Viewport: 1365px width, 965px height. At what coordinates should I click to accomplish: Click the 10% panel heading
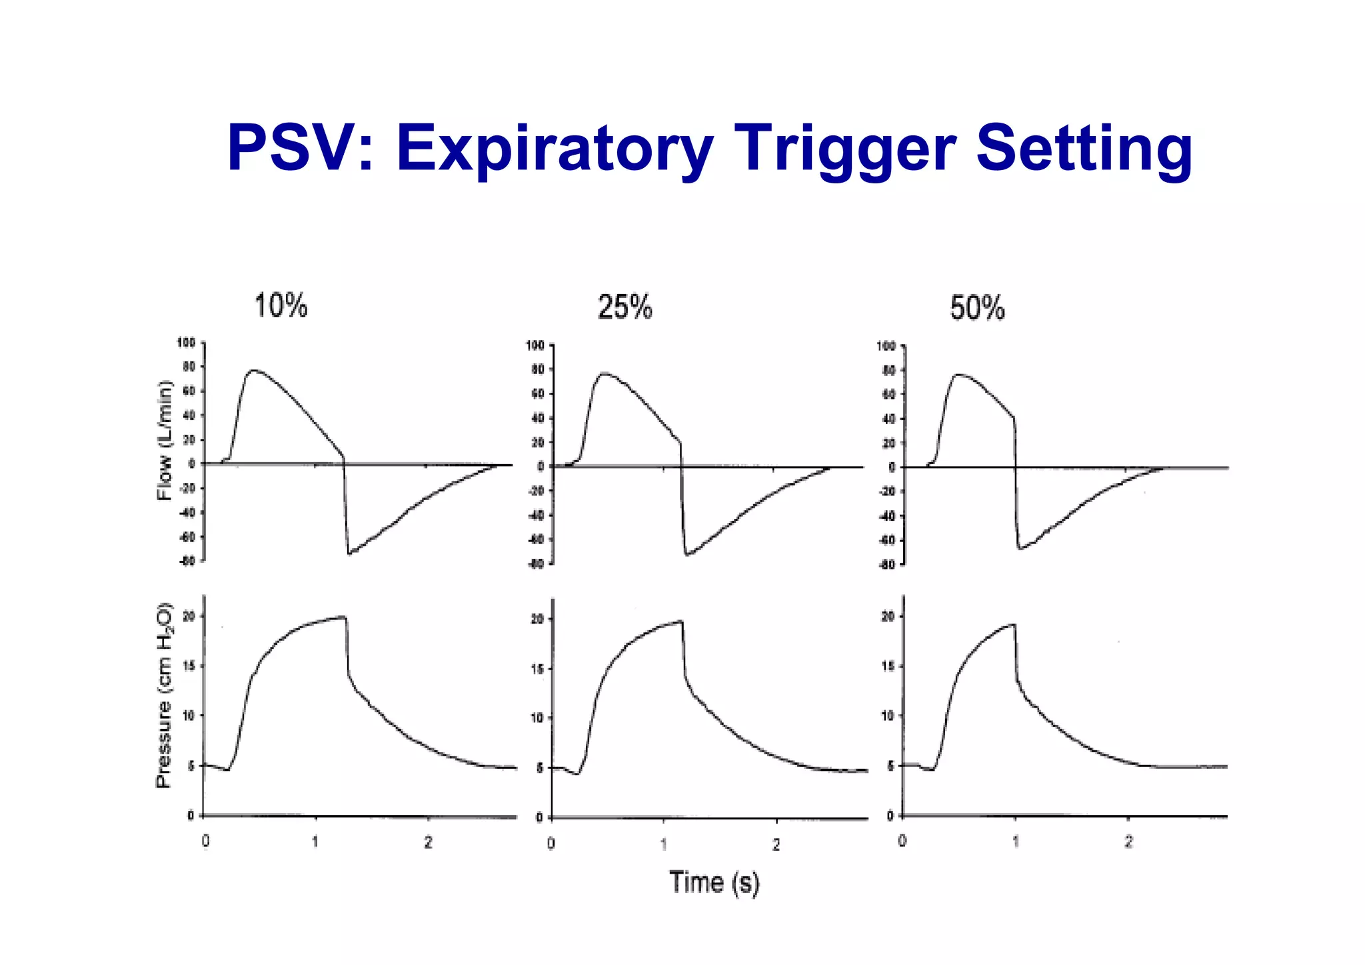pos(281,306)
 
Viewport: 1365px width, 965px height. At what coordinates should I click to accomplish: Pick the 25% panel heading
pos(625,308)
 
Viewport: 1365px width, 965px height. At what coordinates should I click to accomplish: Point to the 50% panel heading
pos(977,309)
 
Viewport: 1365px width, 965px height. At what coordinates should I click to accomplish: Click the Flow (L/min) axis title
pos(164,440)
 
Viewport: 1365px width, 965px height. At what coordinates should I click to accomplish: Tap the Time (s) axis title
pos(714,882)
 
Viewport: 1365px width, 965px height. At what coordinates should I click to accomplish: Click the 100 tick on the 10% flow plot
pos(186,343)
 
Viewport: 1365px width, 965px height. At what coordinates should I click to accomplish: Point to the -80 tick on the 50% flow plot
pos(886,565)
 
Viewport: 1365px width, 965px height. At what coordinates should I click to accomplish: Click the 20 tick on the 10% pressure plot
pos(189,617)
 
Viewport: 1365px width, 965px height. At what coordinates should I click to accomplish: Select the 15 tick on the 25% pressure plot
pos(538,669)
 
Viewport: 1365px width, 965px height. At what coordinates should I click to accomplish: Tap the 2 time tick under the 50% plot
pos(1128,842)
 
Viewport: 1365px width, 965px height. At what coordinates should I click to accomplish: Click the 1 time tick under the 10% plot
pos(315,842)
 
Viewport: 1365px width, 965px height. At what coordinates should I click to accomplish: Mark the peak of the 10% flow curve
pos(254,370)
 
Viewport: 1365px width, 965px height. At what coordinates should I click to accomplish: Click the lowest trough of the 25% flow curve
pos(687,554)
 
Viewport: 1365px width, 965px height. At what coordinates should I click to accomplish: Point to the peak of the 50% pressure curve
pos(1012,624)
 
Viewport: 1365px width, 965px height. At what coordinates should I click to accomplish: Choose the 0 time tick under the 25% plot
pos(551,844)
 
